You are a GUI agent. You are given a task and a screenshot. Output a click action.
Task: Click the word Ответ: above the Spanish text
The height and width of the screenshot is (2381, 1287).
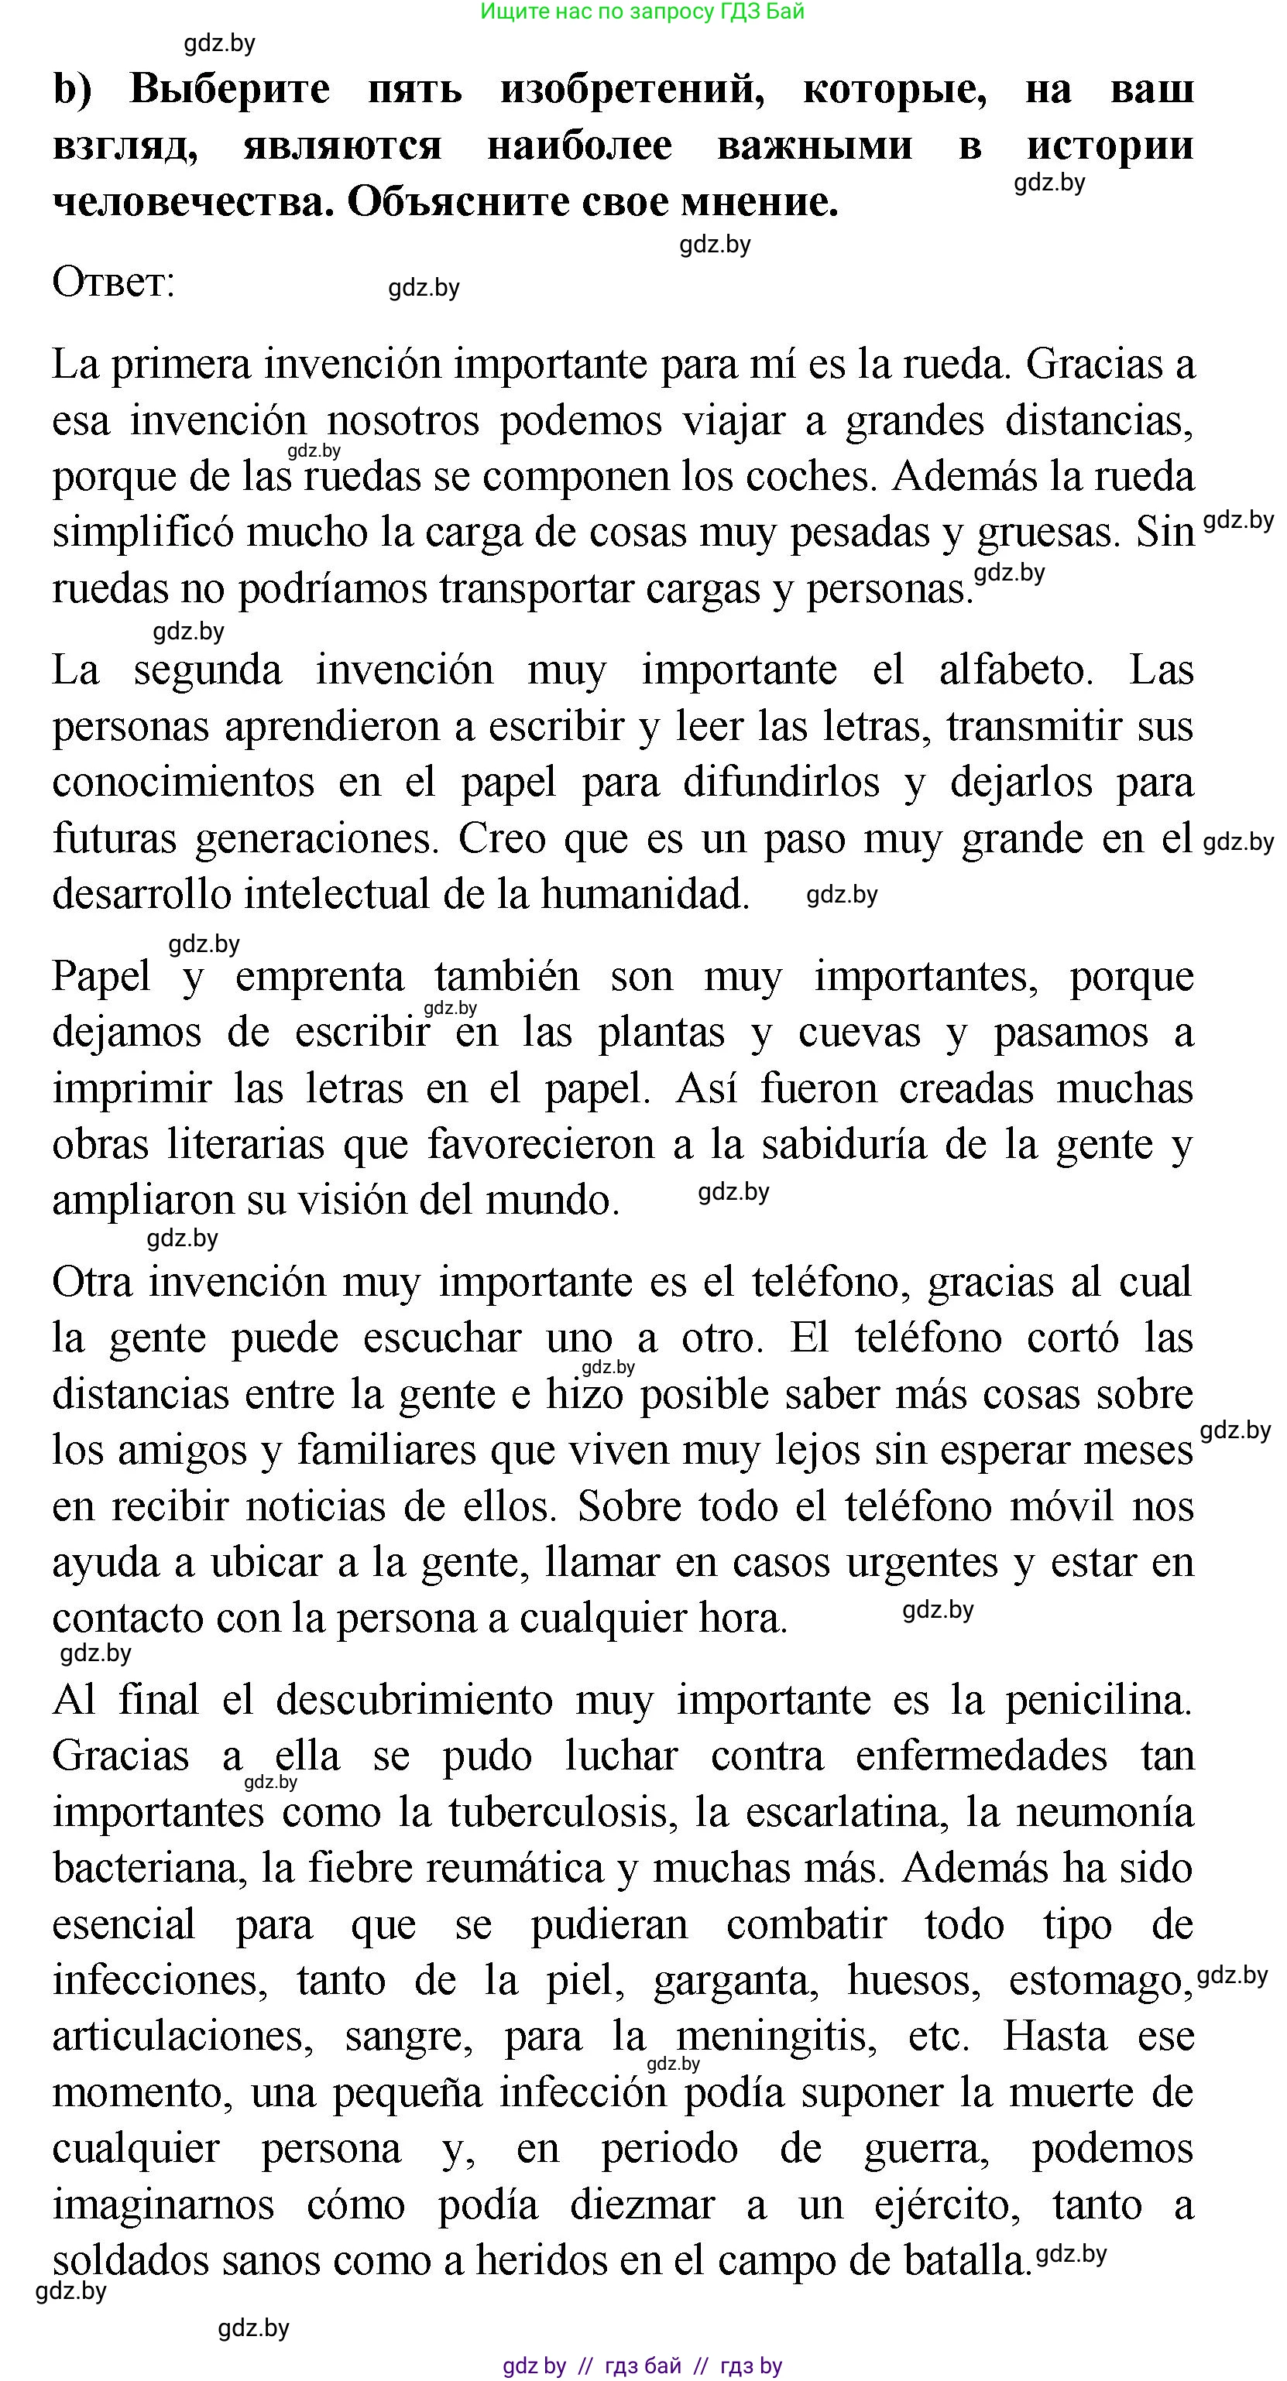(114, 283)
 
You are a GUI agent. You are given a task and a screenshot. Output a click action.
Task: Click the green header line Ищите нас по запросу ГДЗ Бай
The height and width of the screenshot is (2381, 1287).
(643, 12)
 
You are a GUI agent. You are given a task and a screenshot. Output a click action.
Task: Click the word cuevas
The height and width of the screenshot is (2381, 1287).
(859, 1033)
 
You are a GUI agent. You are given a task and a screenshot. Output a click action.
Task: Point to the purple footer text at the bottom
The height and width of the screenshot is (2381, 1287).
(643, 2366)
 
